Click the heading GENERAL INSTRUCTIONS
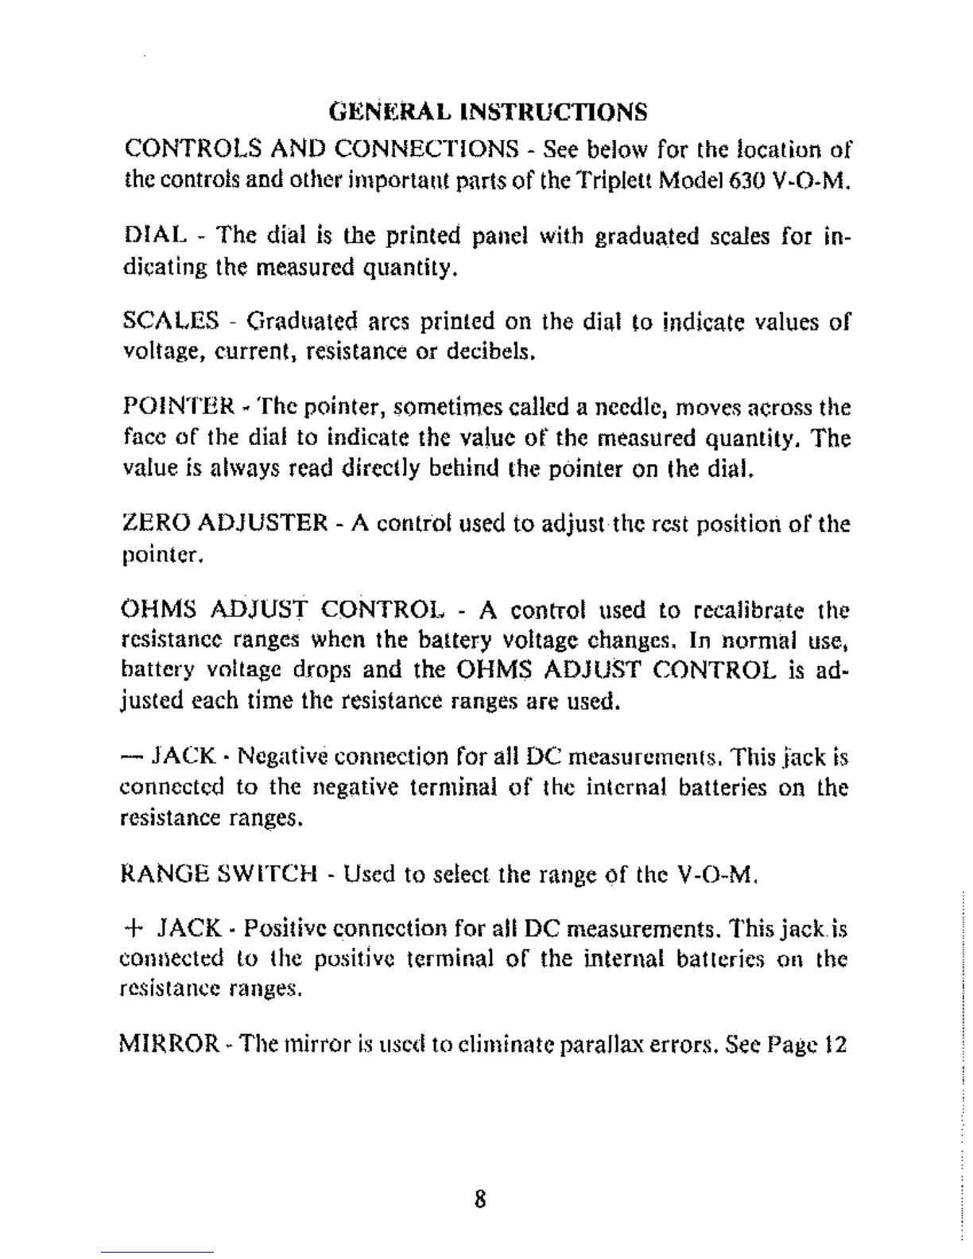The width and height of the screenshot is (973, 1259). (488, 111)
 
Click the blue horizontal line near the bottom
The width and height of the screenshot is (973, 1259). (157, 1252)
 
